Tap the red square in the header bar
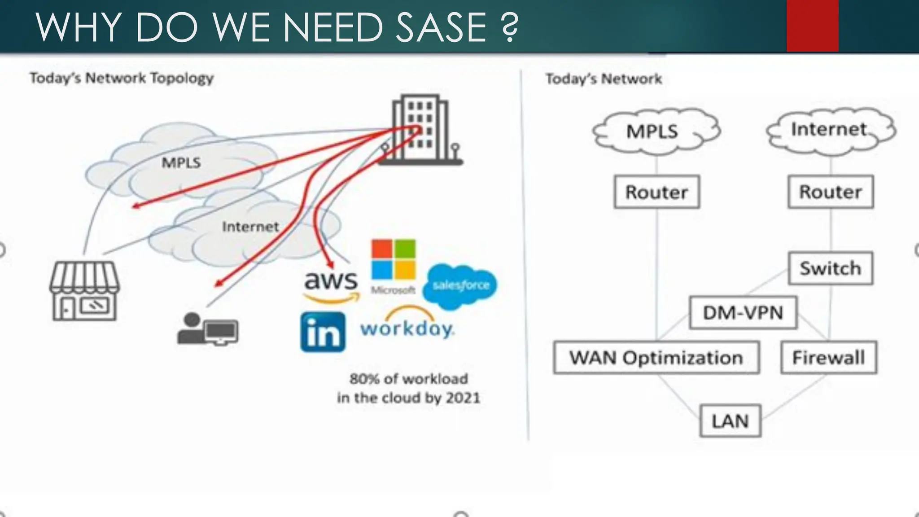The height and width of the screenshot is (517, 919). [812, 26]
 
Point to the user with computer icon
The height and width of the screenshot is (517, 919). [207, 329]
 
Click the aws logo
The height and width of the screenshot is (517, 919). [331, 285]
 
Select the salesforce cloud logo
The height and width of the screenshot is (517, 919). [460, 285]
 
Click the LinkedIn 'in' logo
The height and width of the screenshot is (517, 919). [323, 332]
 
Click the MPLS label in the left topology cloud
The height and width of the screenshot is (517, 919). [181, 162]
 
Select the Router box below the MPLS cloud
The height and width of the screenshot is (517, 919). [656, 192]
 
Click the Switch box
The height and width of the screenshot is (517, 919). [830, 268]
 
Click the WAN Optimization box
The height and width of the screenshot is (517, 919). [656, 358]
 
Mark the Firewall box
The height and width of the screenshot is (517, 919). [828, 358]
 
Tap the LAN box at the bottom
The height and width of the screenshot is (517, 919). [730, 421]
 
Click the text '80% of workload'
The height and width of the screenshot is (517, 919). [408, 379]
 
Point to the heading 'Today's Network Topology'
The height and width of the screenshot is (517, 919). [122, 78]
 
